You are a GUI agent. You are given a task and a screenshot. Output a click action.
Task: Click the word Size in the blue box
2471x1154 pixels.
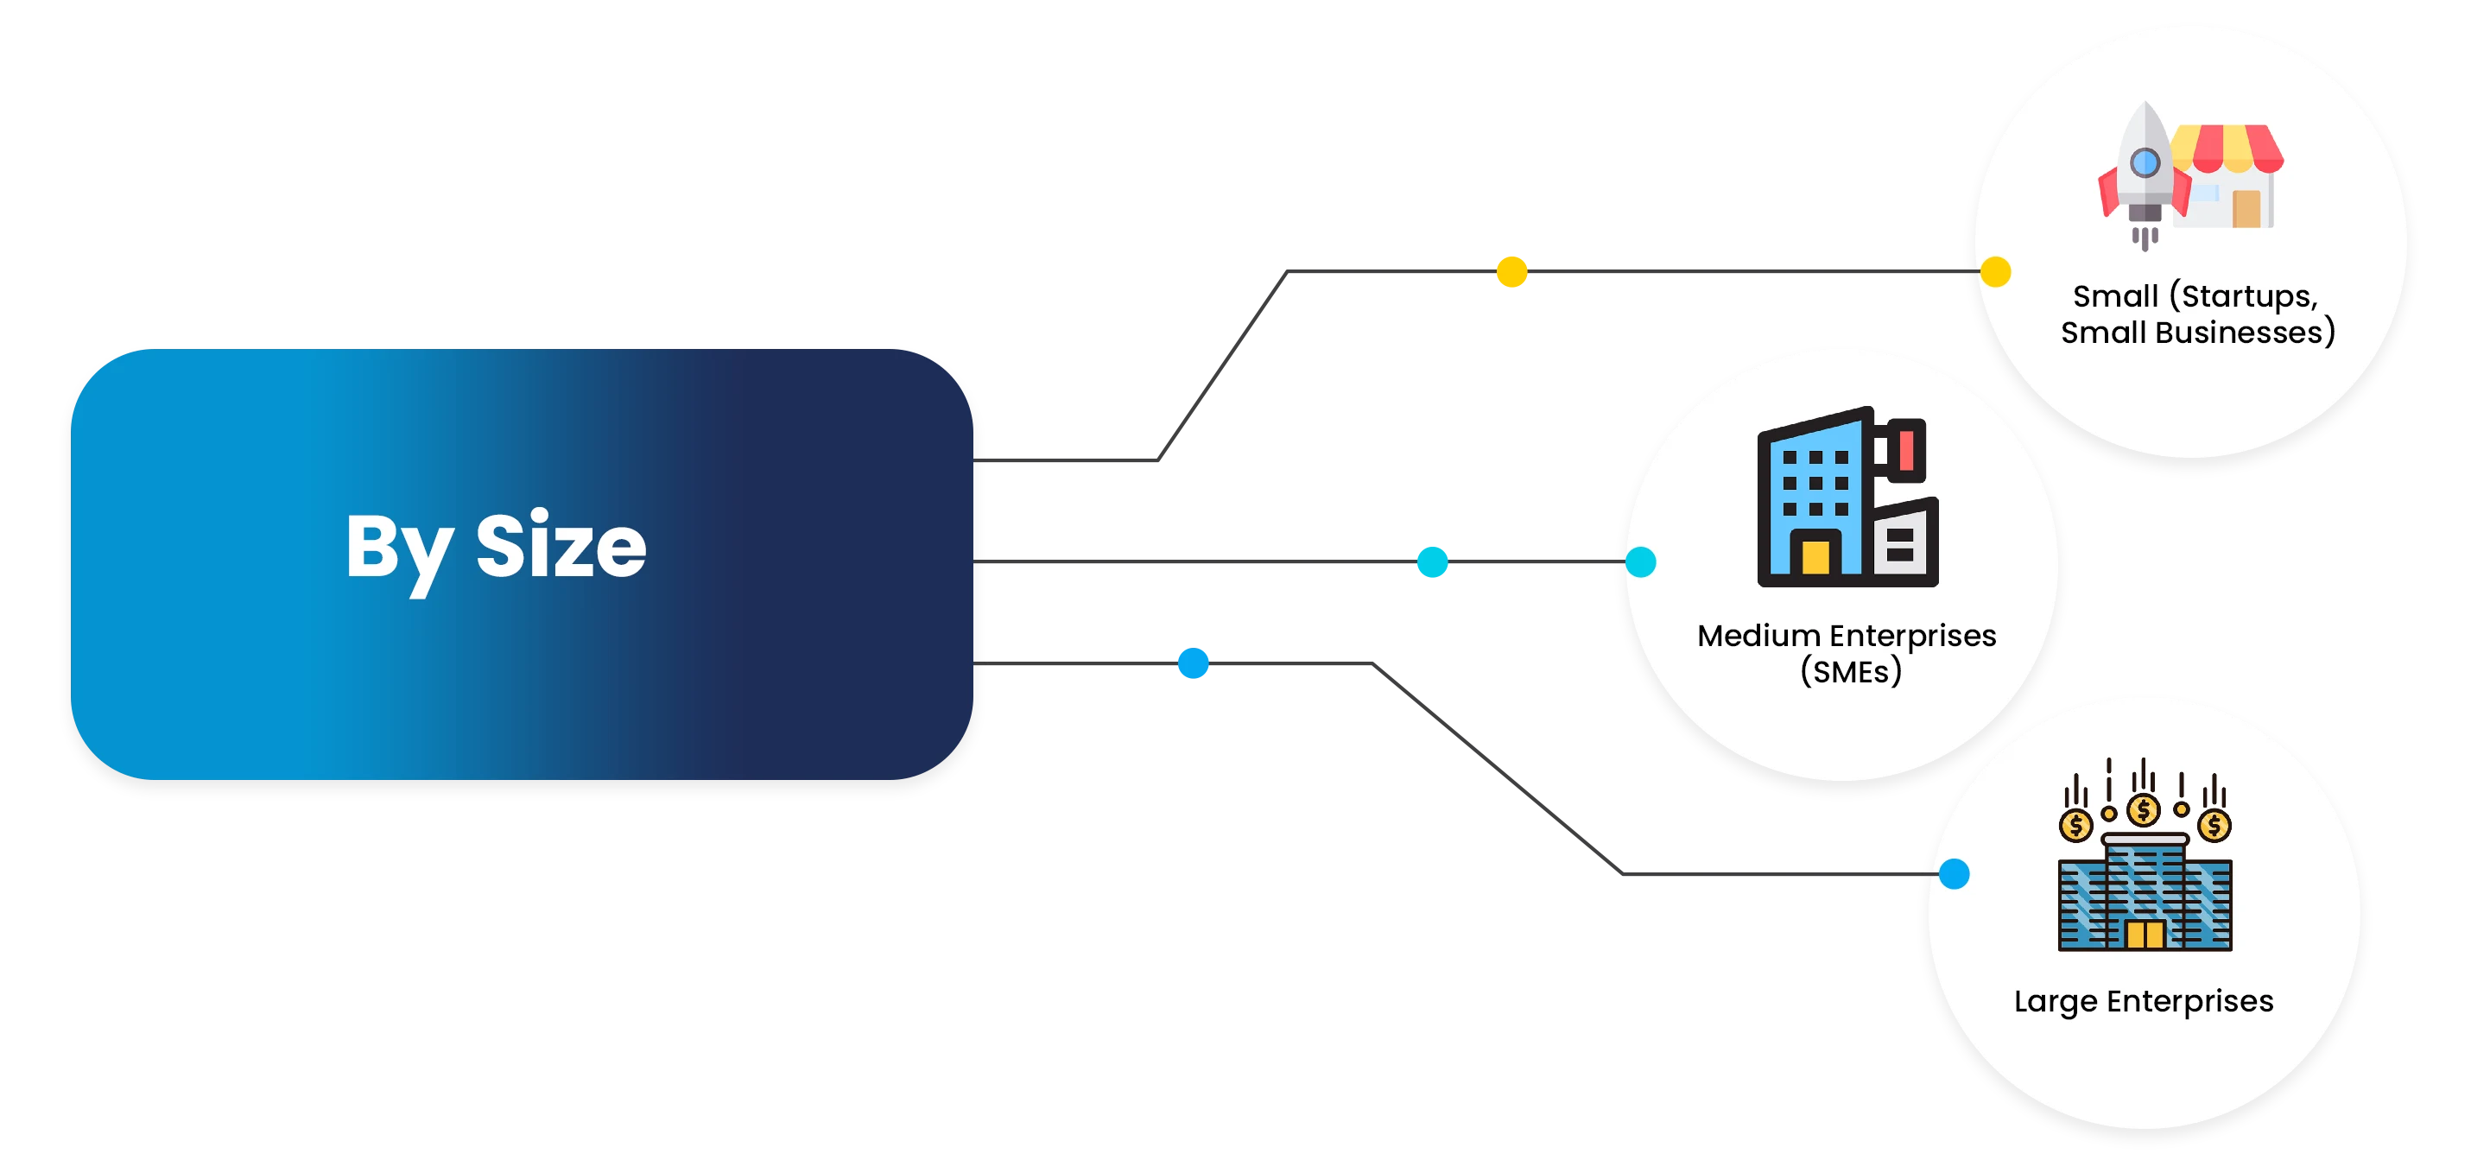click(x=561, y=546)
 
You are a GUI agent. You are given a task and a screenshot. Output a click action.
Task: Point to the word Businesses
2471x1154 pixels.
click(x=2248, y=333)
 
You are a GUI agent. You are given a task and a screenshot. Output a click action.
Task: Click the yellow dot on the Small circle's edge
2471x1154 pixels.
click(x=1995, y=272)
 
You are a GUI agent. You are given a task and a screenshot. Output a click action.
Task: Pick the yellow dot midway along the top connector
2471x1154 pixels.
click(x=1511, y=272)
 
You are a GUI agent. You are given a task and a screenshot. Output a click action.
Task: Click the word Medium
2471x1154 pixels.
click(x=1758, y=636)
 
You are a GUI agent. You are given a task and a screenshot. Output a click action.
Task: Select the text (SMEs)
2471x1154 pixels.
click(x=1850, y=671)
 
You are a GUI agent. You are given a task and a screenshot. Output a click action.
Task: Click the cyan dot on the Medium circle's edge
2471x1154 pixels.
click(x=1641, y=562)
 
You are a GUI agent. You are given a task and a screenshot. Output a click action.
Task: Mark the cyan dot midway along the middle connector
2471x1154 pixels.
click(x=1433, y=562)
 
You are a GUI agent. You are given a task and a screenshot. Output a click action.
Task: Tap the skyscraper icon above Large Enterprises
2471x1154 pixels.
click(x=2145, y=892)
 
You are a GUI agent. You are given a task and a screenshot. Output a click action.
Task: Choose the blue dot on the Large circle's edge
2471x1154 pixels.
click(x=1954, y=874)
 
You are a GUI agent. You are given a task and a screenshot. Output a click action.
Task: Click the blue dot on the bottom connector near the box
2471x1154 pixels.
click(x=1193, y=663)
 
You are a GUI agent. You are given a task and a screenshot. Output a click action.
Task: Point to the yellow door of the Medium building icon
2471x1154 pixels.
click(x=1815, y=558)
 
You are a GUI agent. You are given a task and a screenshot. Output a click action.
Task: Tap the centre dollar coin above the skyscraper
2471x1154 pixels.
click(x=2144, y=810)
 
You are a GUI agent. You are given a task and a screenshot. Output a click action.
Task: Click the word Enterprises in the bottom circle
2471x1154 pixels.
click(x=2190, y=1001)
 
